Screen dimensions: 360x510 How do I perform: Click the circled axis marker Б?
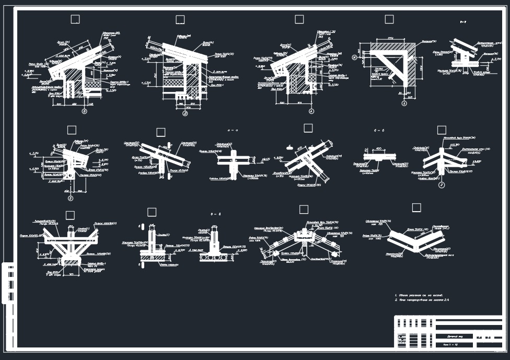click(x=84, y=111)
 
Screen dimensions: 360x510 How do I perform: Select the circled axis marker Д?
click(x=185, y=113)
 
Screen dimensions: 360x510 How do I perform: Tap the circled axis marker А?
click(x=311, y=111)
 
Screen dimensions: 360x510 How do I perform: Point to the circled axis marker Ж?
click(x=355, y=57)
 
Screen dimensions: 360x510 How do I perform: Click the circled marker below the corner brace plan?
click(x=404, y=103)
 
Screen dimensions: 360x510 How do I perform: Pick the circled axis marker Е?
click(x=71, y=198)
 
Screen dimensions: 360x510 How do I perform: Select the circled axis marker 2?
click(x=442, y=184)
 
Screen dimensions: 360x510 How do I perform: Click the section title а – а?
click(x=233, y=130)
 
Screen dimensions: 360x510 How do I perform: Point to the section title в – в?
click(x=216, y=214)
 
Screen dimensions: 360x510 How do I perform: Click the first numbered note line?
click(x=422, y=295)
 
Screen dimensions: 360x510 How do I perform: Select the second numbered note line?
click(x=422, y=300)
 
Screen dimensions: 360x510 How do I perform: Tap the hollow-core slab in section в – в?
click(x=215, y=257)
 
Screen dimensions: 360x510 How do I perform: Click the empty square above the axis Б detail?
click(x=75, y=19)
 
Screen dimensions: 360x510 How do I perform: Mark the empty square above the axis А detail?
click(x=299, y=19)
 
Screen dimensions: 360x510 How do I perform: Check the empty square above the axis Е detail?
click(x=72, y=130)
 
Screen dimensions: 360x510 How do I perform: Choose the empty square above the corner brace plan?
click(x=389, y=19)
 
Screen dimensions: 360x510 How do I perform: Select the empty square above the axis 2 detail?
click(x=442, y=130)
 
